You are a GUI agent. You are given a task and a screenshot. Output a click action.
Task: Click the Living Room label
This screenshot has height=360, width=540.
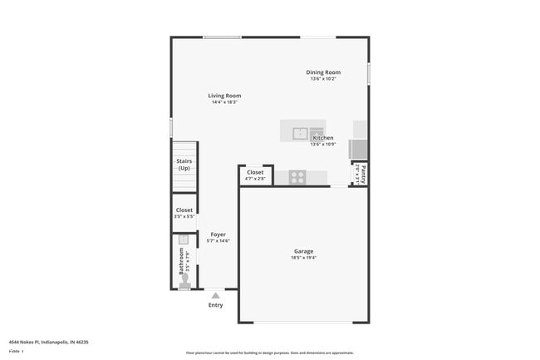coord(224,96)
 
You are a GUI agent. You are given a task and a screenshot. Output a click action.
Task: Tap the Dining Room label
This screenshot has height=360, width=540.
coord(322,72)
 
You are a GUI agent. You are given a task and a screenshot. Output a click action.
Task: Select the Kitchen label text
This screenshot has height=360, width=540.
coord(322,138)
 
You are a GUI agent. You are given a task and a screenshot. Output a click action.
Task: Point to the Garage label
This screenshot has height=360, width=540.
coord(303,251)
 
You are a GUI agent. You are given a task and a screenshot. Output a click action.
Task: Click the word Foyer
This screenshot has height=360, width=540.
coord(218,234)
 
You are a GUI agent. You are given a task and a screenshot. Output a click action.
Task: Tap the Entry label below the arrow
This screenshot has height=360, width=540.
coord(215,305)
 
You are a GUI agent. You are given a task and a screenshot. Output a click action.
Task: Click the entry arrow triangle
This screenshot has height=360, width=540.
coord(215,295)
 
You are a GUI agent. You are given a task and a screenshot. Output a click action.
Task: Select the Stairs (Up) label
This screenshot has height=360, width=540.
coord(184,165)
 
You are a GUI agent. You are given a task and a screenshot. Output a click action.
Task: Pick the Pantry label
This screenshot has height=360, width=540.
coord(363,175)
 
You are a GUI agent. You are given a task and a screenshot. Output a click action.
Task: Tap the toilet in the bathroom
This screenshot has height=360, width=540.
coord(184,285)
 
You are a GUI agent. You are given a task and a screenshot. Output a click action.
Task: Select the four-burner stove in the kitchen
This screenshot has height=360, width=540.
coord(297,176)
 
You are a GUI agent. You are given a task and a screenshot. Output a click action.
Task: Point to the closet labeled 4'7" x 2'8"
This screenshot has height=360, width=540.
coord(255,175)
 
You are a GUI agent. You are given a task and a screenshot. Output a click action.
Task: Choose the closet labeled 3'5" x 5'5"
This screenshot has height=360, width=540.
coord(184,213)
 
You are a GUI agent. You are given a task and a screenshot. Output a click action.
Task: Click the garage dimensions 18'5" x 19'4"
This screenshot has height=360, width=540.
coord(303,258)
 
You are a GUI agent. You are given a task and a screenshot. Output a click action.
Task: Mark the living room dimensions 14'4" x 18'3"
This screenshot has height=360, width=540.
coord(224,102)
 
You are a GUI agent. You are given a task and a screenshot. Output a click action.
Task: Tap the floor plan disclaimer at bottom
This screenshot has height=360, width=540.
coord(269,353)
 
